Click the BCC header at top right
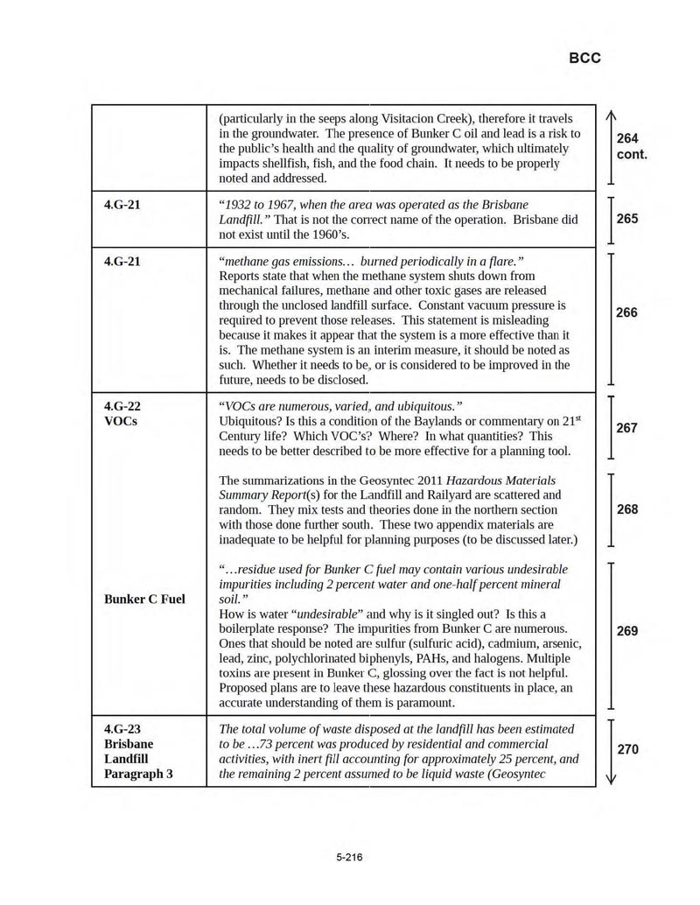(x=584, y=59)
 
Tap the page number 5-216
(x=349, y=857)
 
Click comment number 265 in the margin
(x=627, y=219)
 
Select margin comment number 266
(x=627, y=312)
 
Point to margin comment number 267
(x=627, y=428)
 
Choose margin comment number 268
(x=627, y=509)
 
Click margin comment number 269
(x=627, y=631)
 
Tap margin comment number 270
(x=627, y=749)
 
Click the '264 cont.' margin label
(x=631, y=146)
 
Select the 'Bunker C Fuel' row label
(x=144, y=600)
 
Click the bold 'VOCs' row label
(x=121, y=421)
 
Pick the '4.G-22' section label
(x=122, y=406)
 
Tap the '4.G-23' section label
(x=122, y=729)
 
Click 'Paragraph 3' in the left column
(x=138, y=774)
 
